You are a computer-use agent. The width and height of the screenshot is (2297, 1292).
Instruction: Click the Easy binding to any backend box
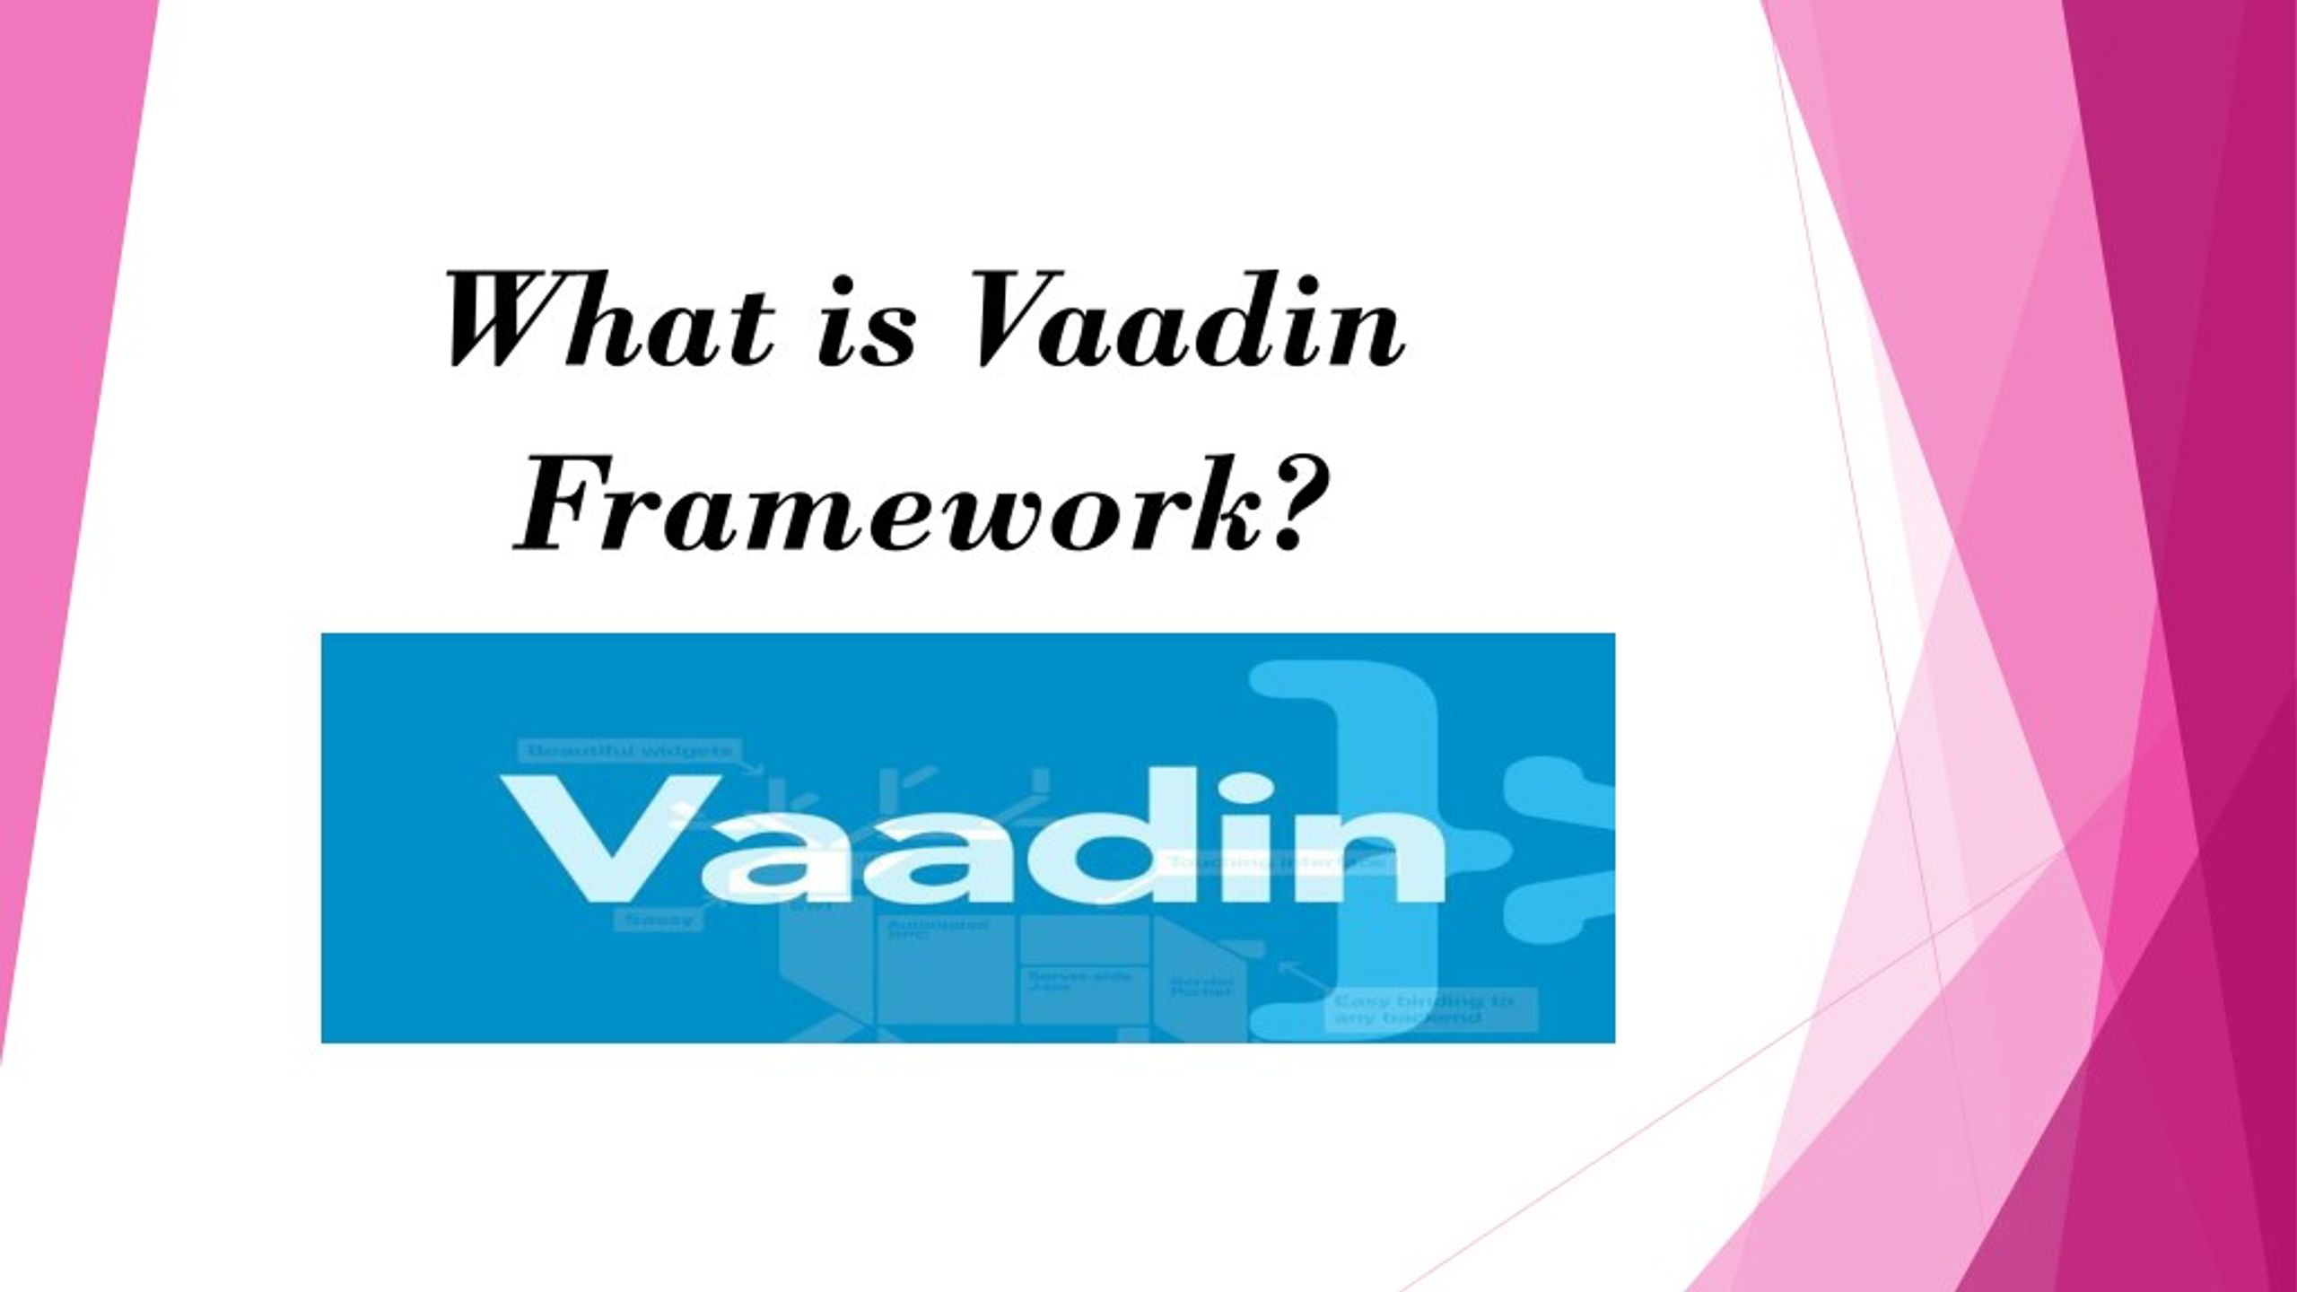[1430, 1009]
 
